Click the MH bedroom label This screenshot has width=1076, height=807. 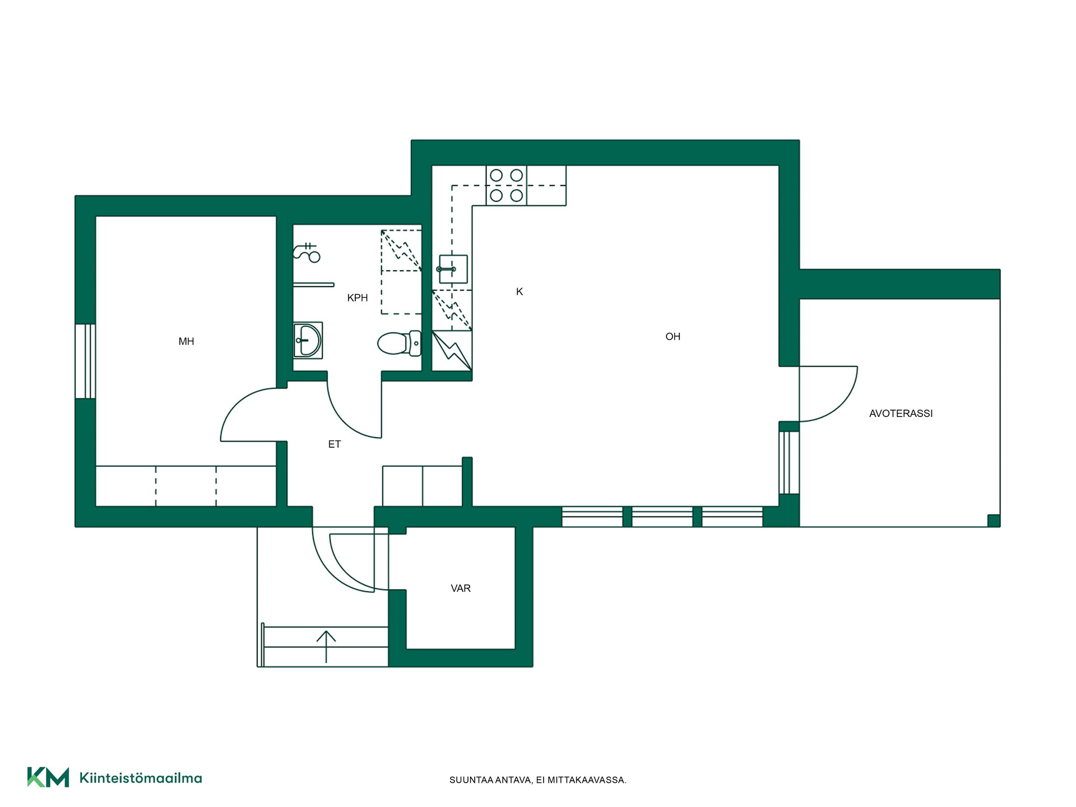click(186, 341)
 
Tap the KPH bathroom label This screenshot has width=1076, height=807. click(358, 298)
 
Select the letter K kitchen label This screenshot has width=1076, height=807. click(520, 291)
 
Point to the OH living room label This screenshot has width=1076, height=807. click(672, 336)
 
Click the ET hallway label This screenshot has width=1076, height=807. click(335, 444)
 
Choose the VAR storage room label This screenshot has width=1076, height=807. click(461, 588)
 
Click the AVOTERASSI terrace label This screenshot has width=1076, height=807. click(901, 414)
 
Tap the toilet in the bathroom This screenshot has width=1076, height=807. click(399, 343)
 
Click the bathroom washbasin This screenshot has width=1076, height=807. click(308, 340)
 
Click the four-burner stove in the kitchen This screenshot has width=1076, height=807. click(506, 185)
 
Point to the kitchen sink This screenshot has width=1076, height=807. click(453, 269)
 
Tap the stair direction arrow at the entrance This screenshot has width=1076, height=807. click(326, 647)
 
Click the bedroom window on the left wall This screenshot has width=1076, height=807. click(85, 361)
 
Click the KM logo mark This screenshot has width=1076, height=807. click(48, 777)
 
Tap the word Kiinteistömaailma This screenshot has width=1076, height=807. click(141, 778)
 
